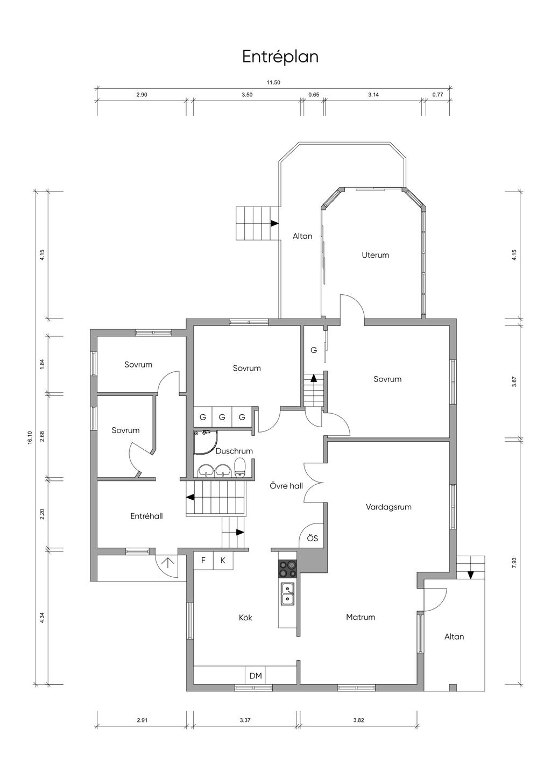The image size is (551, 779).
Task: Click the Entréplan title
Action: point(280,56)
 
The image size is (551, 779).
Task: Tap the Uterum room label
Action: point(375,255)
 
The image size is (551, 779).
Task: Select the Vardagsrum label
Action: point(388,507)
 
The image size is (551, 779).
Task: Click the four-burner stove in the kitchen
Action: point(287,569)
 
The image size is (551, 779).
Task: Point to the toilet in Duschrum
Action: point(239,468)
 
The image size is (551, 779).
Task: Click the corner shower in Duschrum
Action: point(206,442)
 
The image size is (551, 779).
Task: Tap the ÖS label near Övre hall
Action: point(313,539)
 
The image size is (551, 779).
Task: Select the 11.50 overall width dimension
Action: point(273,82)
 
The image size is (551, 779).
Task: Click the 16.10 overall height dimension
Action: point(30,437)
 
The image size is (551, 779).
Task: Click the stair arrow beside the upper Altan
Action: point(275,223)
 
